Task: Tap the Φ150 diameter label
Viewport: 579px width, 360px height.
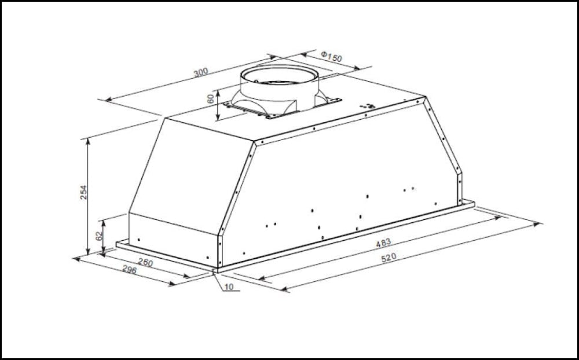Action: tap(331, 57)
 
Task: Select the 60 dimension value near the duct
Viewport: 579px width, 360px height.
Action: tap(211, 99)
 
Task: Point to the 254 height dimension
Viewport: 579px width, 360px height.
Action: tap(83, 192)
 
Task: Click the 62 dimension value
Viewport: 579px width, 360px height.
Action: tap(98, 235)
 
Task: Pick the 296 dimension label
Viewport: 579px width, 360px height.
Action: tap(129, 270)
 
